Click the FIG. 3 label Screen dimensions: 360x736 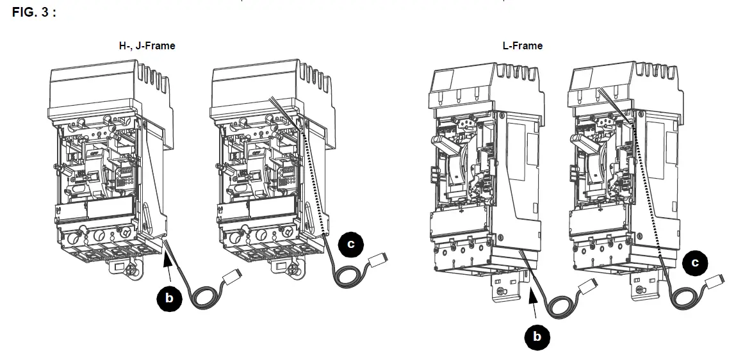(x=34, y=12)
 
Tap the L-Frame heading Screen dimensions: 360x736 (x=523, y=45)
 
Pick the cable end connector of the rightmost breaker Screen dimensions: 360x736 (x=714, y=282)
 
